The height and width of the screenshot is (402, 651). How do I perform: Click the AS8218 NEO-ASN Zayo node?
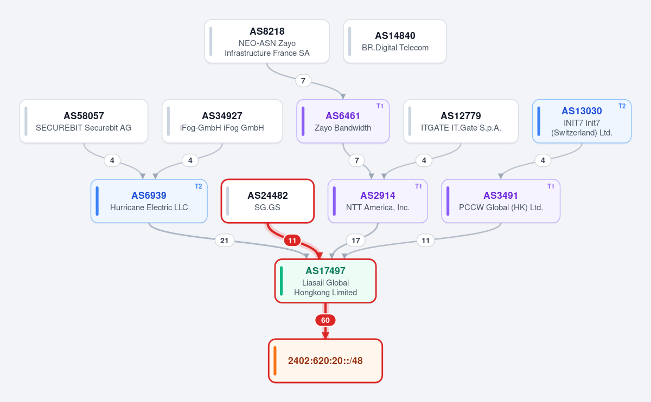pos(267,41)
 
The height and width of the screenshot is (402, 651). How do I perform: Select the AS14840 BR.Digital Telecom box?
pos(395,41)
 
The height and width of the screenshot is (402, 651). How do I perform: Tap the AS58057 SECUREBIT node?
pos(84,121)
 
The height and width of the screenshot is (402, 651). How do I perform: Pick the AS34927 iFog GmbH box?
pos(222,121)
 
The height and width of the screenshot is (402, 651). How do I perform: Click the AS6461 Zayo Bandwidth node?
pos(343,121)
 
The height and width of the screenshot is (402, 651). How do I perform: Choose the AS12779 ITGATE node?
pos(461,121)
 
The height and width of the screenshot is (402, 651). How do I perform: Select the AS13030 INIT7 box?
pos(582,121)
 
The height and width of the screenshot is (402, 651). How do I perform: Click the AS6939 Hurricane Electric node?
pos(149,201)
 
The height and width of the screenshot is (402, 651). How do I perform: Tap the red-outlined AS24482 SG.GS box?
pos(267,201)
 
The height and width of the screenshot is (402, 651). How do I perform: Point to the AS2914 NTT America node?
pos(378,201)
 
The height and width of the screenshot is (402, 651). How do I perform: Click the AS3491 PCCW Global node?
pos(501,201)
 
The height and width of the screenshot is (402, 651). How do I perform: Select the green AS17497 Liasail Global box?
pos(325,281)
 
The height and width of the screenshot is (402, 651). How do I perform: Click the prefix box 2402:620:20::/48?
pos(325,361)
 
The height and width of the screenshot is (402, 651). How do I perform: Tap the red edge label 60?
pos(325,320)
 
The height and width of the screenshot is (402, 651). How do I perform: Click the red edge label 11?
pos(292,241)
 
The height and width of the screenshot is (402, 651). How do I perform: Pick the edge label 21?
pos(225,241)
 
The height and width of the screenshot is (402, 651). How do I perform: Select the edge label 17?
pos(356,241)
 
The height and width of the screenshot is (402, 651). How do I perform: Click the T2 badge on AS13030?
pos(622,106)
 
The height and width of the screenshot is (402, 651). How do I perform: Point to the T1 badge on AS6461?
pos(380,106)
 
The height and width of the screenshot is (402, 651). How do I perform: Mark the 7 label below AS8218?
pos(303,81)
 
